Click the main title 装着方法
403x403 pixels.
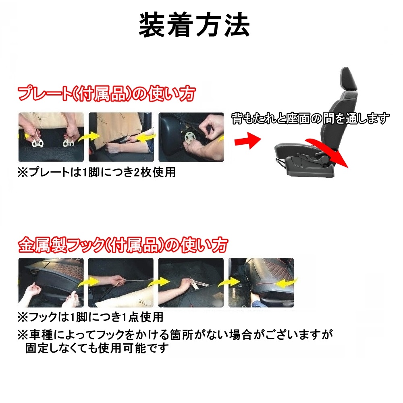pyautogui.click(x=195, y=25)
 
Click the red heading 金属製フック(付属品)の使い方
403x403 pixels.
pyautogui.click(x=123, y=245)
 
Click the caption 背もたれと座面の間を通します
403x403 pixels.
pyautogui.click(x=310, y=118)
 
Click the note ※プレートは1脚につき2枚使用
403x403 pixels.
pyautogui.click(x=96, y=172)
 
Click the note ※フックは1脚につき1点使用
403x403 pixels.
pyautogui.click(x=90, y=317)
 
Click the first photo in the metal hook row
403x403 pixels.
pyautogui.click(x=51, y=283)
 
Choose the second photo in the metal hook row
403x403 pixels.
pyautogui.click(x=120, y=283)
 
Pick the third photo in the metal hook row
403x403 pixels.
pyautogui.click(x=191, y=283)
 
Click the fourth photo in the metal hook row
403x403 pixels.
pyautogui.click(x=261, y=283)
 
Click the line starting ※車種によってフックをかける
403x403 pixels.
pyautogui.click(x=175, y=334)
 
